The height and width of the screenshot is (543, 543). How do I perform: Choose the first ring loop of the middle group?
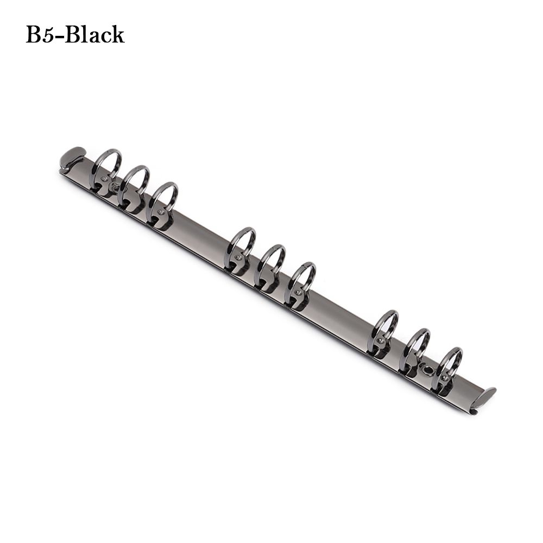(x=242, y=244)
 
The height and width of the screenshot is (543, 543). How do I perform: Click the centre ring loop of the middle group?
(x=271, y=261)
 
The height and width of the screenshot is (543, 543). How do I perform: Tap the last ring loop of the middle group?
(x=302, y=279)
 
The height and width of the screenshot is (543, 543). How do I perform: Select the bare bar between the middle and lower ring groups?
(x=339, y=312)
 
